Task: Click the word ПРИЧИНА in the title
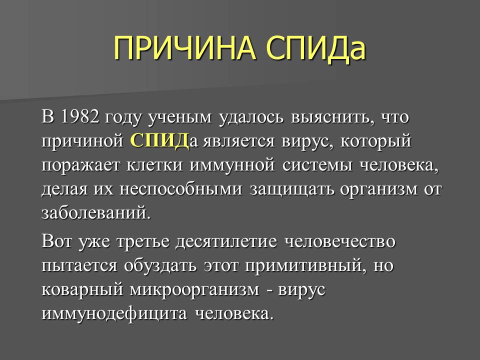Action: (x=184, y=48)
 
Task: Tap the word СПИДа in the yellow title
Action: (x=315, y=49)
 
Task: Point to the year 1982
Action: (x=80, y=116)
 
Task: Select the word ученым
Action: (x=180, y=118)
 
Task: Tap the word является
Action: (x=238, y=142)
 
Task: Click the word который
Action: (x=376, y=141)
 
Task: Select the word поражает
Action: (x=81, y=166)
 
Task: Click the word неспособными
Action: (x=180, y=189)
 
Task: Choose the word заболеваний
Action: (x=96, y=213)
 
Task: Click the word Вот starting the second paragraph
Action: (x=56, y=241)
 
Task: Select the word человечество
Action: (x=340, y=241)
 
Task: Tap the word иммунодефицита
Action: (x=114, y=313)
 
